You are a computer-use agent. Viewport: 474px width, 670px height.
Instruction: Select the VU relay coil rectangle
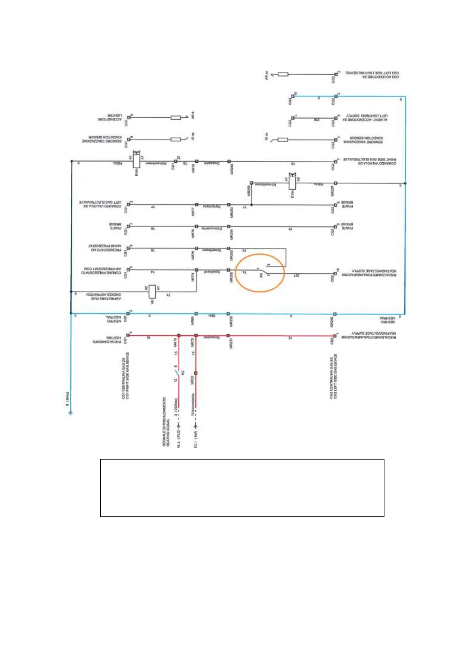click(152, 292)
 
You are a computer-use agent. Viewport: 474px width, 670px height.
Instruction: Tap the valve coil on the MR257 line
click(293, 183)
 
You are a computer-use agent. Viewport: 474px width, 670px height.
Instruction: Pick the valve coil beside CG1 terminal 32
click(137, 161)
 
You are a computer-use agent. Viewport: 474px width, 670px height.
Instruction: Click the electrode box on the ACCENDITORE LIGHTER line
click(176, 117)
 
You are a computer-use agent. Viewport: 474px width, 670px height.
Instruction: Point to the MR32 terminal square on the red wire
click(195, 373)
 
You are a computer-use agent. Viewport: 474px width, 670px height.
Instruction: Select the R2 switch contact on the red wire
click(177, 373)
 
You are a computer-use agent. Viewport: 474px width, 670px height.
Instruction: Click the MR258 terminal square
click(251, 183)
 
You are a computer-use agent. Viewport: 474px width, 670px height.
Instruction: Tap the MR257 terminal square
click(335, 183)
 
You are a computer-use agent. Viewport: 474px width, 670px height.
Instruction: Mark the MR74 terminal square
click(196, 270)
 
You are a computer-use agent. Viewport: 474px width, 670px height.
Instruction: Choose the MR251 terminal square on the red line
click(228, 335)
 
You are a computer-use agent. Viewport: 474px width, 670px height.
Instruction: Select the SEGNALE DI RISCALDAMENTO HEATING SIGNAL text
click(166, 421)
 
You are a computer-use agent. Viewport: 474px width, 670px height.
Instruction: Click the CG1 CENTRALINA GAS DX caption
click(125, 376)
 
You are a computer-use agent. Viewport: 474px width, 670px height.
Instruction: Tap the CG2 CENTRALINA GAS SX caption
click(334, 376)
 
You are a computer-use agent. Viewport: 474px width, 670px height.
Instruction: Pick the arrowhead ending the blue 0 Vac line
click(70, 413)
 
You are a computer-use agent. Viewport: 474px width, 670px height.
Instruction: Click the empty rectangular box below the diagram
click(242, 488)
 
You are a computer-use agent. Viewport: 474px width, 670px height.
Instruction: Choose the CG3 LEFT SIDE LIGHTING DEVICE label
click(372, 75)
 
